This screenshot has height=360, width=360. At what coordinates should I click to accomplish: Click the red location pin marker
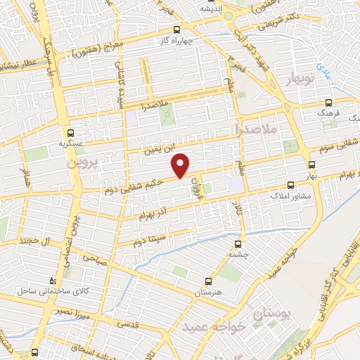[181, 165]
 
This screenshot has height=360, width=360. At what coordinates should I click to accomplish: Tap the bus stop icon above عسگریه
[70, 132]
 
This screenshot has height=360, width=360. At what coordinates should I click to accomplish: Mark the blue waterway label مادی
[322, 68]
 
